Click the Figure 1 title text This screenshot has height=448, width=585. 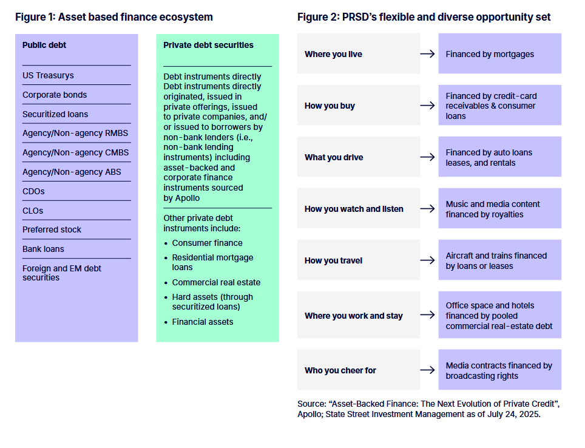(114, 17)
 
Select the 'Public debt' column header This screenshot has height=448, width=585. (44, 45)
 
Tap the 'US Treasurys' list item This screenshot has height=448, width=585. (48, 75)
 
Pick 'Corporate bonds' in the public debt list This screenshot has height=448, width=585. (55, 95)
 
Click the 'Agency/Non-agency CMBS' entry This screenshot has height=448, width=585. (76, 152)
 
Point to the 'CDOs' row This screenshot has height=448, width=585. (33, 191)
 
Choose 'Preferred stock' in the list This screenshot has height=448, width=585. (52, 229)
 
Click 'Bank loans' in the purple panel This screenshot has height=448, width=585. (43, 249)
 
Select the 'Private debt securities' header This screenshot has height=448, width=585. (208, 45)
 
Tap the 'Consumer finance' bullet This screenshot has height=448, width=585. (207, 243)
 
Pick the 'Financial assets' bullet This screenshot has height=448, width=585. (202, 322)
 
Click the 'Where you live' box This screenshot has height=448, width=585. (358, 54)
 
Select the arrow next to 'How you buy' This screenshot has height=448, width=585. (427, 106)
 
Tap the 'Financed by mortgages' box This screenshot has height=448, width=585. (499, 54)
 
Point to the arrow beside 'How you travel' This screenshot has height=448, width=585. (427, 260)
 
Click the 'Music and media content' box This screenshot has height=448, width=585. (499, 209)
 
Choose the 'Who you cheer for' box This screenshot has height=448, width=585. (358, 370)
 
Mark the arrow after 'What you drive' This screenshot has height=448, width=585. (427, 157)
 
